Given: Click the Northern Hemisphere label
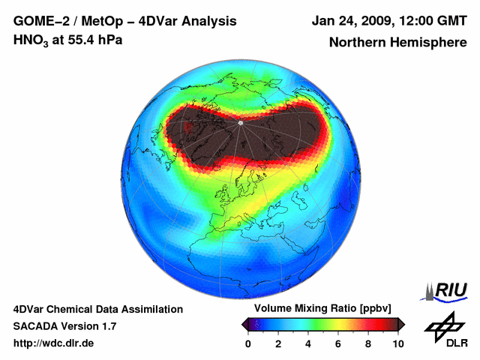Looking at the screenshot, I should [x=397, y=43].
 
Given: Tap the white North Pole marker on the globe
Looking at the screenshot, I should [x=240, y=122].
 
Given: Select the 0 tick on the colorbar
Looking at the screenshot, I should [x=248, y=343].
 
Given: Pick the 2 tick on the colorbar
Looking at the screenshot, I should [x=278, y=343].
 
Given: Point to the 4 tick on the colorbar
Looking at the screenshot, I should [x=308, y=343].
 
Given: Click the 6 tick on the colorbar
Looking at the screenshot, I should [x=338, y=343].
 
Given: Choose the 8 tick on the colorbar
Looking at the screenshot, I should [x=368, y=343].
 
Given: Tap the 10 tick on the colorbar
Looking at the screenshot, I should [x=397, y=343].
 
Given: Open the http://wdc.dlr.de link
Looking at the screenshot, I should [x=54, y=343].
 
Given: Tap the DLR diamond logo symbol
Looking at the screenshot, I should [x=442, y=326].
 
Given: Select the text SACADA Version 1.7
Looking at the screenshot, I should [x=64, y=326].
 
